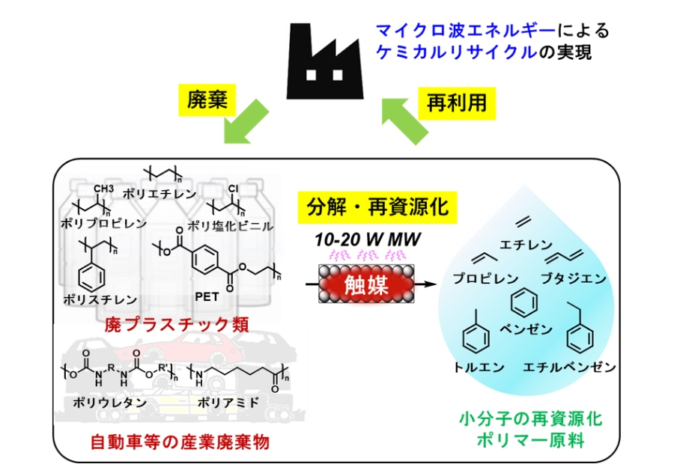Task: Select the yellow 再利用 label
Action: tap(456, 100)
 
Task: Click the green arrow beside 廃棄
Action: tap(244, 124)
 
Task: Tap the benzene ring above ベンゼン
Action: tap(523, 303)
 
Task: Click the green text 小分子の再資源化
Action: tap(529, 418)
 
